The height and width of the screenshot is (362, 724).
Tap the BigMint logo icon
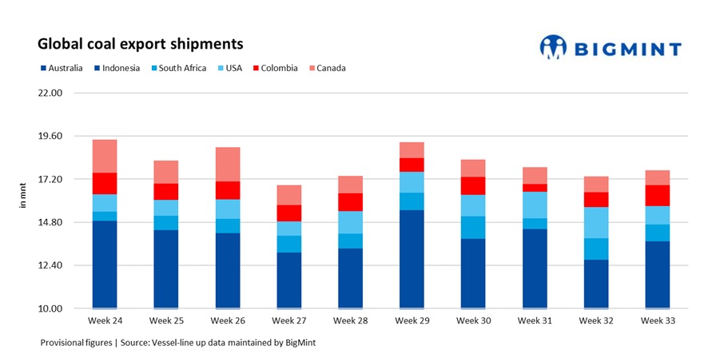coord(553,47)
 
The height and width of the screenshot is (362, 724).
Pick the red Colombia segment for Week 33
coord(657,195)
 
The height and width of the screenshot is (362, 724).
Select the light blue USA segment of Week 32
coord(595,222)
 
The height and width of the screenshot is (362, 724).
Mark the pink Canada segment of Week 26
coord(227,164)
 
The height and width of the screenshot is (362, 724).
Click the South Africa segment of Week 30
coord(472,227)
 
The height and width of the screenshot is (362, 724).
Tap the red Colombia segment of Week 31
coord(534,188)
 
